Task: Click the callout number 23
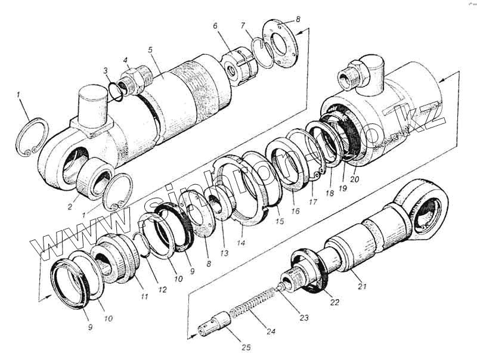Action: (x=304, y=318)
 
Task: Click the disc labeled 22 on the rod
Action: (x=312, y=271)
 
